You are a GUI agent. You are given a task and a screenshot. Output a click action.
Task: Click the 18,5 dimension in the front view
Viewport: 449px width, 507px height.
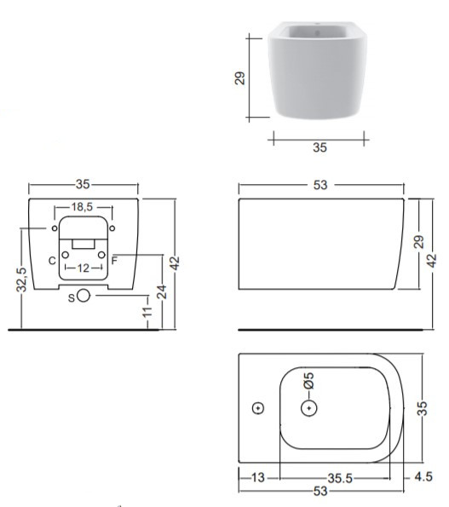pyautogui.click(x=82, y=206)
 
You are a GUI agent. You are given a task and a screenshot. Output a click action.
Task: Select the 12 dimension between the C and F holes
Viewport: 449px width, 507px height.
pyautogui.click(x=83, y=268)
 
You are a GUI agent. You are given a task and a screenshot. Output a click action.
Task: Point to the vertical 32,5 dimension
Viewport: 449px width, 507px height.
pyautogui.click(x=21, y=279)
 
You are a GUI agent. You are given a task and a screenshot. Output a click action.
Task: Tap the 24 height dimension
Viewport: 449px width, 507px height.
pyautogui.click(x=162, y=291)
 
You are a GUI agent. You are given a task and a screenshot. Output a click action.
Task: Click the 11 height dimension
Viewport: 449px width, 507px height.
pyautogui.click(x=147, y=311)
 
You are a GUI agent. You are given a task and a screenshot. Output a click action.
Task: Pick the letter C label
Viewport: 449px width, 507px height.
pyautogui.click(x=52, y=261)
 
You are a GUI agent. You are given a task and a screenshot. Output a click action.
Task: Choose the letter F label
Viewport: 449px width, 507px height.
pyautogui.click(x=114, y=260)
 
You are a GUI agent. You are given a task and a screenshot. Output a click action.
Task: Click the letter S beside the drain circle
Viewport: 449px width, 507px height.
pyautogui.click(x=72, y=297)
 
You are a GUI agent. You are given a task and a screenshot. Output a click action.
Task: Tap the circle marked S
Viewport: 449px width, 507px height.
pyautogui.click(x=83, y=295)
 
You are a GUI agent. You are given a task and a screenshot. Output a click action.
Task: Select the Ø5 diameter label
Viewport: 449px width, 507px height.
pyautogui.click(x=308, y=381)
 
